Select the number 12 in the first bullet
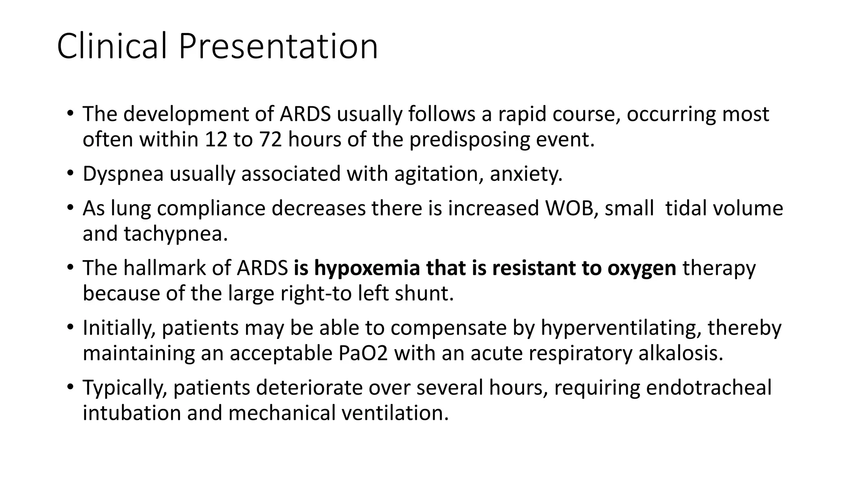click(216, 139)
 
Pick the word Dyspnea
click(123, 174)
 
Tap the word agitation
click(439, 174)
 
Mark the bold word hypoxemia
click(367, 269)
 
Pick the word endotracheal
click(709, 388)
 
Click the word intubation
click(132, 413)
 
